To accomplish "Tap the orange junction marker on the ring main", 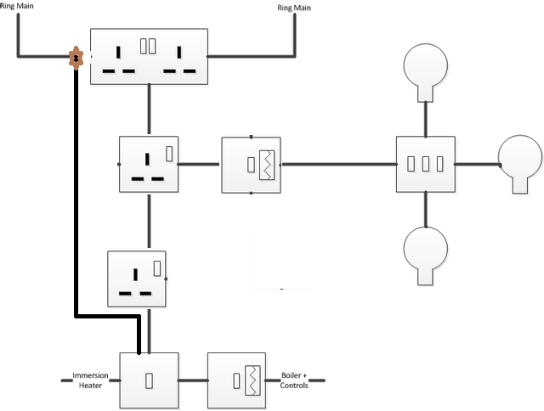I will [76, 58].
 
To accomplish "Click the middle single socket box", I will [149, 164].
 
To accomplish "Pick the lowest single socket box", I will [137, 279].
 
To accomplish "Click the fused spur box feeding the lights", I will [252, 164].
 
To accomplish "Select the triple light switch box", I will [426, 164].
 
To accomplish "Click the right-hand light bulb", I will [519, 159].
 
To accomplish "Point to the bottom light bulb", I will [425, 252].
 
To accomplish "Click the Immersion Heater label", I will [89, 380].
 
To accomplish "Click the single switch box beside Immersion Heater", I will [149, 380].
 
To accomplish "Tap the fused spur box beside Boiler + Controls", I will [237, 380].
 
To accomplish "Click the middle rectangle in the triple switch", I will [425, 164].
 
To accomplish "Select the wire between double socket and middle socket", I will [149, 110].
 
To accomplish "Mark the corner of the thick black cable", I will [77, 317].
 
